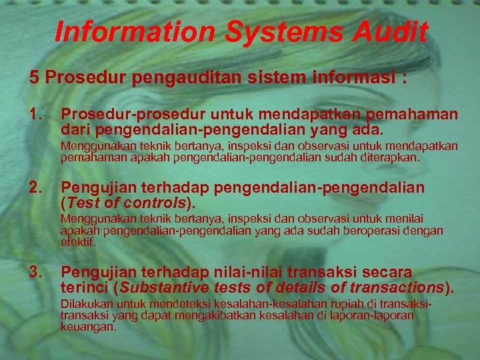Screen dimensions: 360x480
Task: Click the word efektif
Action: point(78,243)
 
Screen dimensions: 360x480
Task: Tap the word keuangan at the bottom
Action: point(88,327)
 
